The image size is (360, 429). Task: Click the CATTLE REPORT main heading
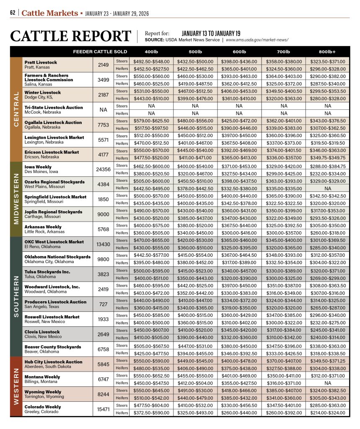pos(70,36)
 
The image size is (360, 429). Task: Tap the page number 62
pos(13,13)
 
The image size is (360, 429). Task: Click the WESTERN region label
pos(16,386)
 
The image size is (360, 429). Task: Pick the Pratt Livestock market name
pos(41,62)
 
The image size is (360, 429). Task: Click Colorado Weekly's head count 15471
pos(103,409)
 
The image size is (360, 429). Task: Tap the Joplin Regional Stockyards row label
pos(53,212)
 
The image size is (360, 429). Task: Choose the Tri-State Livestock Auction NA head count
pos(103,110)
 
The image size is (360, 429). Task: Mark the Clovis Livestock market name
pos(42,332)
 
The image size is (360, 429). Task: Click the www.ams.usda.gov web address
pos(257,40)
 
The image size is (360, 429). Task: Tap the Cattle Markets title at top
pos(50,13)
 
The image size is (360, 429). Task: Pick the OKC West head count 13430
pos(103,244)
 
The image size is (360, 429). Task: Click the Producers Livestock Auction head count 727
pos(103,304)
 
